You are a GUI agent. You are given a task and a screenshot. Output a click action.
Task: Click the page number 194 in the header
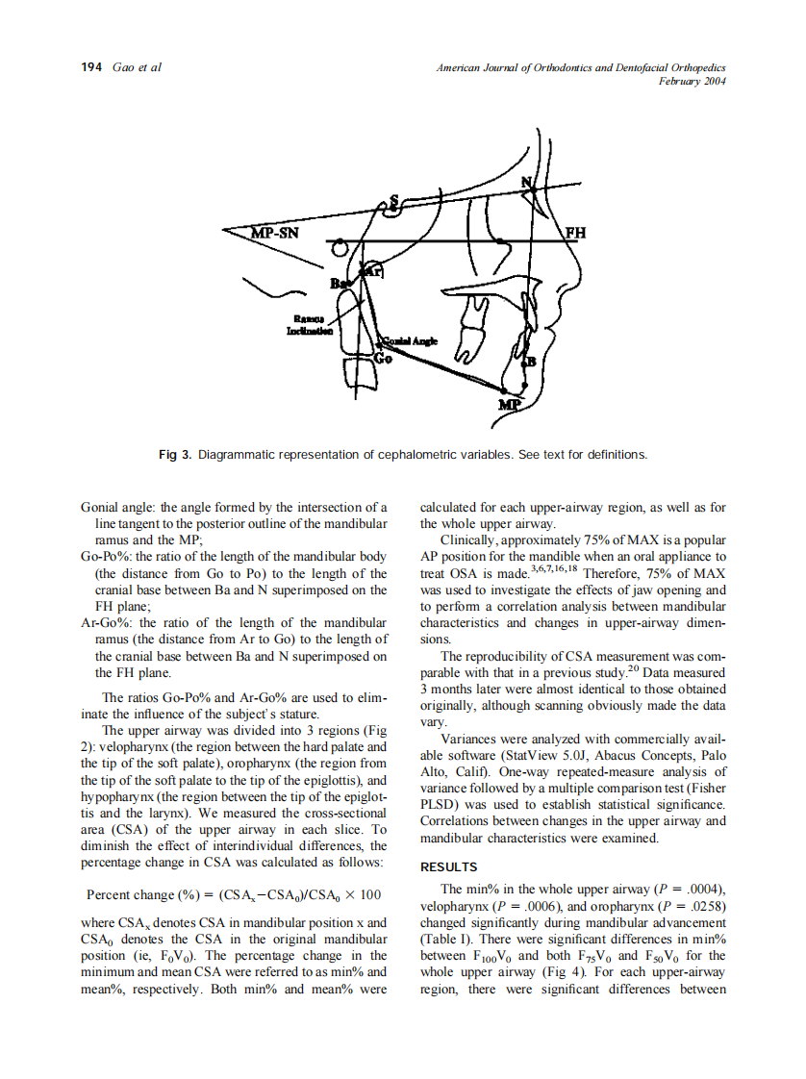(91, 67)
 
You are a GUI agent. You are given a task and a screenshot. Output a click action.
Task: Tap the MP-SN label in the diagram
(274, 232)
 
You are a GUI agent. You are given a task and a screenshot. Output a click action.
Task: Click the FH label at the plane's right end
(575, 233)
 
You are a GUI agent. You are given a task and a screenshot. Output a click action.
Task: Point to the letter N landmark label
(526, 183)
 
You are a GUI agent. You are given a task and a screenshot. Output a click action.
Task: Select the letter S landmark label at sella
(392, 200)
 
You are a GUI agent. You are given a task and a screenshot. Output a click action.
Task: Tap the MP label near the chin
(509, 405)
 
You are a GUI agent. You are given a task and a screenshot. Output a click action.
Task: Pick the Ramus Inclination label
(309, 324)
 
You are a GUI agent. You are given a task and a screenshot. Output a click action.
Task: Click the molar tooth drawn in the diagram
(472, 310)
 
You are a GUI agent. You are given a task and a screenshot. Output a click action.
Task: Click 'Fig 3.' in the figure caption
(175, 454)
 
